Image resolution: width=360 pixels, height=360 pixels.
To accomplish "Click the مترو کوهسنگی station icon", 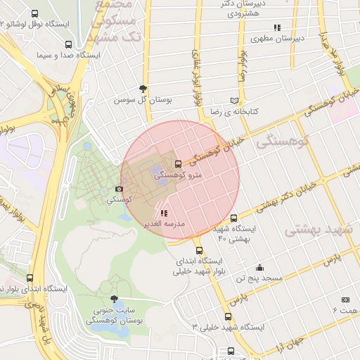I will tap(177, 164).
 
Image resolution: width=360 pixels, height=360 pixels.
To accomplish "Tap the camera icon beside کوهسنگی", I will tap(119, 189).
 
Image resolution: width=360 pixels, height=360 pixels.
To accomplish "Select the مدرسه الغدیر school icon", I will tap(164, 213).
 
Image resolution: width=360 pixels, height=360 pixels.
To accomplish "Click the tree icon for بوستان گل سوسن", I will tap(143, 89).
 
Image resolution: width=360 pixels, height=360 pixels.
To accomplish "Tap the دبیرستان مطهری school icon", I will tap(277, 27).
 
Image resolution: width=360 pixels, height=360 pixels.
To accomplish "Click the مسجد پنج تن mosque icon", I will tap(259, 267).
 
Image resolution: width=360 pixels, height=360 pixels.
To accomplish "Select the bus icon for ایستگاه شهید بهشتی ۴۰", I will tap(234, 218).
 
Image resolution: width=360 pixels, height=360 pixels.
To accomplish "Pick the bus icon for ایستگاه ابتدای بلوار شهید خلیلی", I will tap(199, 250).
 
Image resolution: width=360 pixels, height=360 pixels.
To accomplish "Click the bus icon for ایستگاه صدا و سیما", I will tap(67, 44).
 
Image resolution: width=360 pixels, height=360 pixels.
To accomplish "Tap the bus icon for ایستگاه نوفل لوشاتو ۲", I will tap(35, 13).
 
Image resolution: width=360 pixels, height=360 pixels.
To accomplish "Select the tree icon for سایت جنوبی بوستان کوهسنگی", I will tap(115, 299).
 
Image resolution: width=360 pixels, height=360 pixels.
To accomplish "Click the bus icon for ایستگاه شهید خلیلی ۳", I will tap(228, 316).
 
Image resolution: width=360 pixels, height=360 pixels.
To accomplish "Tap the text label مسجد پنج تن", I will tap(259, 278).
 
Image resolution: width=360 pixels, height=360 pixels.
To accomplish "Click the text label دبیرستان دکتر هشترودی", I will tap(253, 9).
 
